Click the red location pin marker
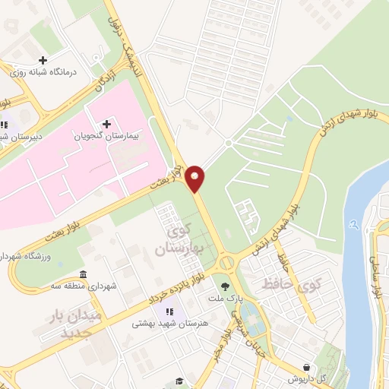[x=197, y=178]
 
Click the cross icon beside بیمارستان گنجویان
[x=106, y=124]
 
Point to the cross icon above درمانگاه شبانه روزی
[x=43, y=60]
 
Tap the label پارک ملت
[x=248, y=299]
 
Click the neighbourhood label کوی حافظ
[x=292, y=285]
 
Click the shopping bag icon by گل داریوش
[x=305, y=366]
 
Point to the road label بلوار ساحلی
[x=375, y=277]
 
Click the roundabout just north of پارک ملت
[x=226, y=263]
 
